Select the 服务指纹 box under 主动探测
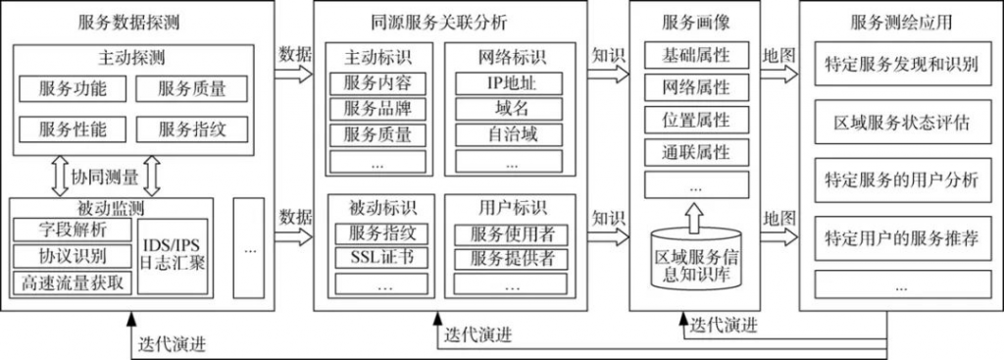click(x=192, y=128)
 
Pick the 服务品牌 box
click(x=377, y=109)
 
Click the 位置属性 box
click(x=696, y=120)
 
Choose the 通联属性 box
click(x=696, y=152)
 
